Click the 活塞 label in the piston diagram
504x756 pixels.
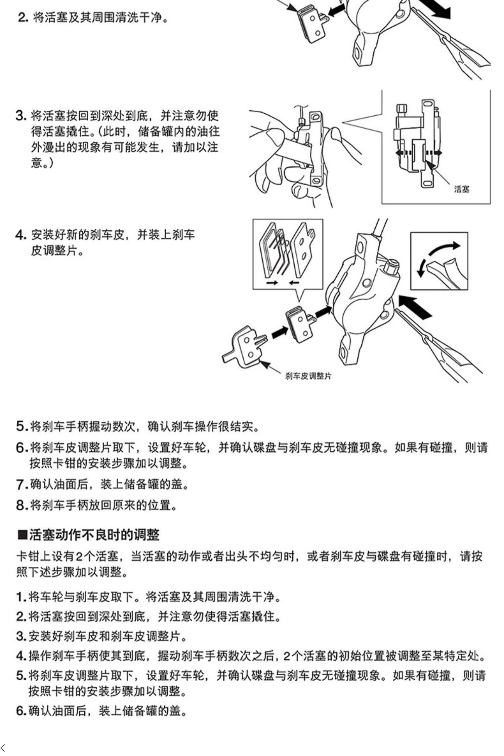point(462,189)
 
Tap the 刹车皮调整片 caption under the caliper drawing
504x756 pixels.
point(308,376)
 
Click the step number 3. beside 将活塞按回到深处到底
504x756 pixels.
point(21,116)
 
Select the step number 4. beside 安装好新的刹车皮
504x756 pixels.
point(21,235)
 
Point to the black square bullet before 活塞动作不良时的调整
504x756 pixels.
point(22,534)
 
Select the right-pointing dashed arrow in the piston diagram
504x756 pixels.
point(434,153)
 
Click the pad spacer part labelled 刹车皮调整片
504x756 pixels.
point(244,346)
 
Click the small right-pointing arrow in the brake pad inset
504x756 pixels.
point(272,283)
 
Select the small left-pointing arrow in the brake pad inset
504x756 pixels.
point(294,283)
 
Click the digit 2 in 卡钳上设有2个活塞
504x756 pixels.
point(79,557)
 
